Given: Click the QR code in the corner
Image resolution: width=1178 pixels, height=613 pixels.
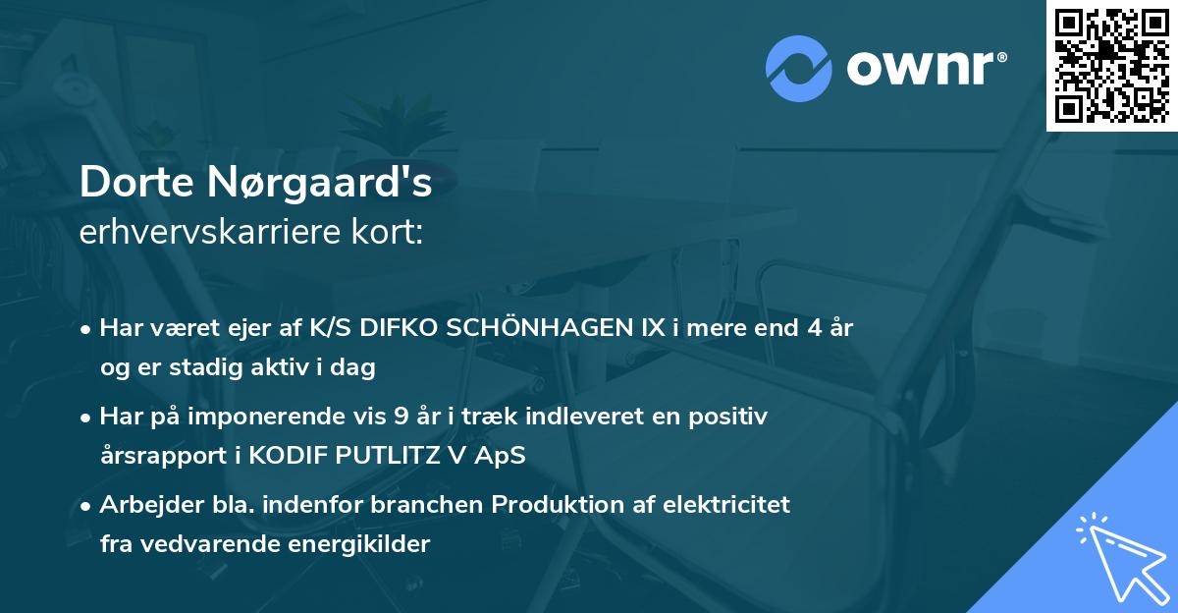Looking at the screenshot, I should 1111,65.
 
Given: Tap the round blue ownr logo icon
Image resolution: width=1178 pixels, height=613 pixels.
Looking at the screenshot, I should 799,68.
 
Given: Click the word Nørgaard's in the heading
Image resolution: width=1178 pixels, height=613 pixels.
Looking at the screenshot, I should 316,184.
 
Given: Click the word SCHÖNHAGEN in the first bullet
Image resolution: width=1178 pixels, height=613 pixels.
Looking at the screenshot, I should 527,328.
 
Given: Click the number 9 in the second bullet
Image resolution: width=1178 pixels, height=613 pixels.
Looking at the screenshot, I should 401,417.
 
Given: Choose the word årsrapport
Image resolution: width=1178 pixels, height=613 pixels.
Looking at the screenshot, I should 155,456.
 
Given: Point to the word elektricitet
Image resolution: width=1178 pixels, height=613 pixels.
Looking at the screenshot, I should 730,505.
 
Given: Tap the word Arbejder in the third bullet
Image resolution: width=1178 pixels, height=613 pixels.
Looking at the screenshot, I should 141,505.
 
